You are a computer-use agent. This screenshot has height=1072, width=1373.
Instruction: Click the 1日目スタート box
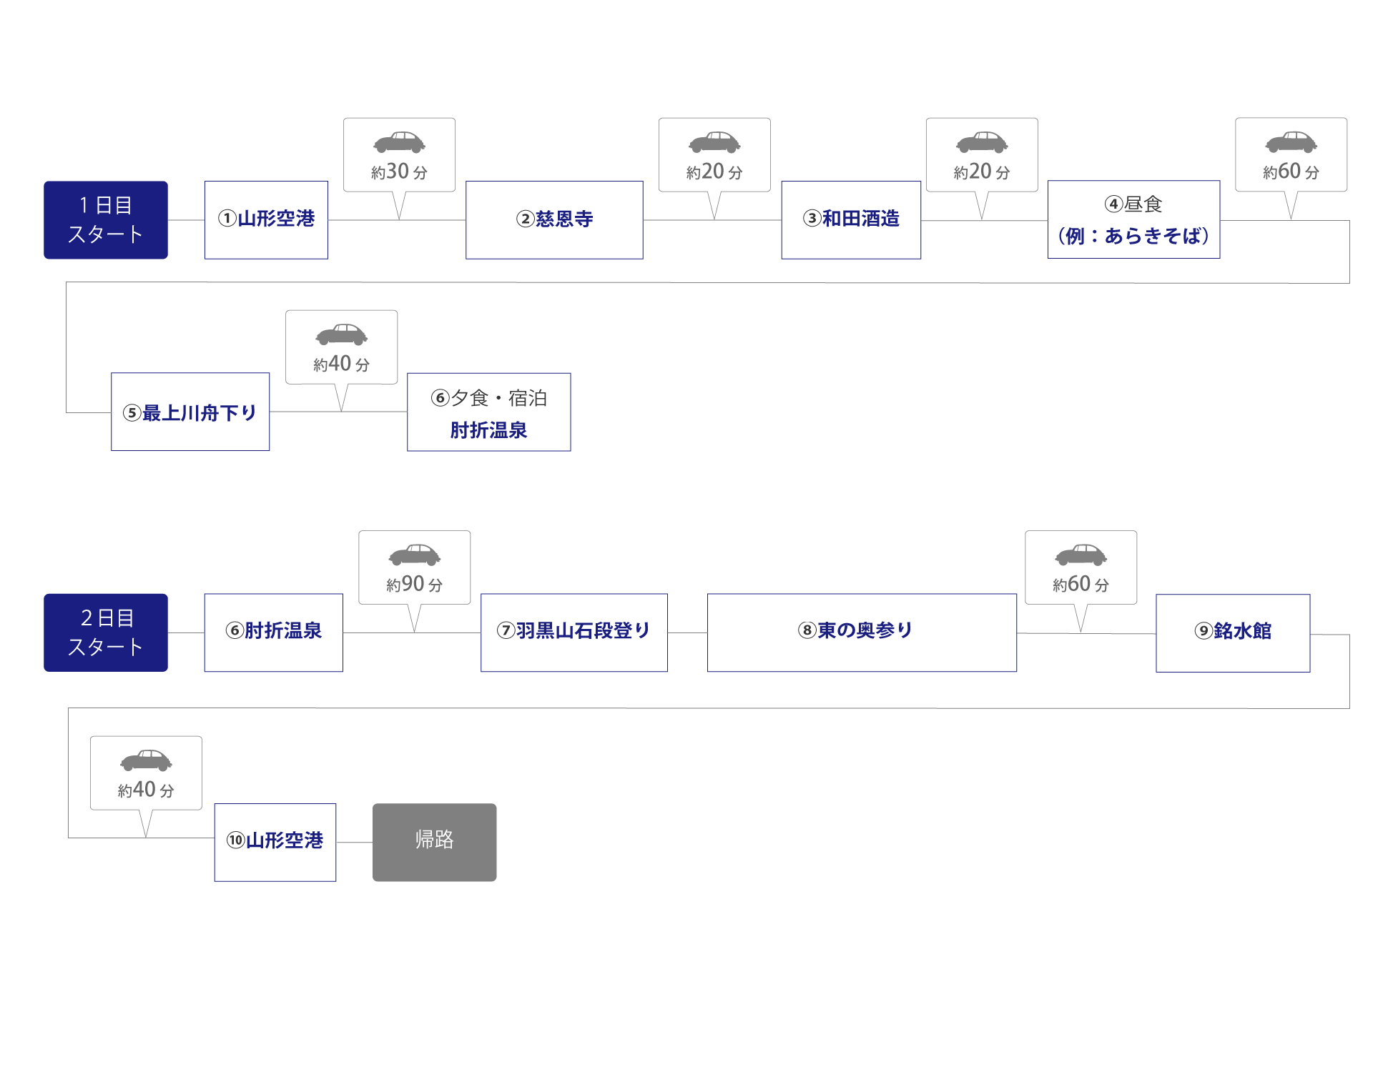106,219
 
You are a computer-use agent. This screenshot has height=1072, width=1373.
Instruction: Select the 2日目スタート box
106,632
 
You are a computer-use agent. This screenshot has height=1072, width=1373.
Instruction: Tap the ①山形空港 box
266,219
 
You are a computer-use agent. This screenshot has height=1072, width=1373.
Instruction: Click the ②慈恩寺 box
554,219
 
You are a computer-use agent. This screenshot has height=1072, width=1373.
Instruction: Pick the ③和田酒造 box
851,219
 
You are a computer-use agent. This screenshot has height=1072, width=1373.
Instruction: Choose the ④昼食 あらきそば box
1133,219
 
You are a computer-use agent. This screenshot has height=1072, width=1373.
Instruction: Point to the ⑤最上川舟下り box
190,412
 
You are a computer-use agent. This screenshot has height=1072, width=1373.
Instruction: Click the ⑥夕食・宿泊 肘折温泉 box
489,412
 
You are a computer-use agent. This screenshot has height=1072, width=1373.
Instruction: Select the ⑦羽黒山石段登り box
574,632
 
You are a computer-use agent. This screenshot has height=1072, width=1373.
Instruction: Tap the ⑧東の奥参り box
862,632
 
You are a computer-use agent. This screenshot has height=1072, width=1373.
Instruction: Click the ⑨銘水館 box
1233,632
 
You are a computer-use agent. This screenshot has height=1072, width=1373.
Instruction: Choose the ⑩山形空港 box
275,842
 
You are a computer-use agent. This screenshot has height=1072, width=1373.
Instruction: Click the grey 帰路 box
434,842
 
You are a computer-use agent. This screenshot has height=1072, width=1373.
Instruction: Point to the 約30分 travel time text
399,172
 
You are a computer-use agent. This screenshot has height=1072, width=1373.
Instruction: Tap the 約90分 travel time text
414,585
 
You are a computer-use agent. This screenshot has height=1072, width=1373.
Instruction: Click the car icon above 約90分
414,555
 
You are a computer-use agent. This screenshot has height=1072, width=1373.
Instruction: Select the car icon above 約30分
399,142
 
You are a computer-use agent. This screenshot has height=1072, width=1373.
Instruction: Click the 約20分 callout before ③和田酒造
714,155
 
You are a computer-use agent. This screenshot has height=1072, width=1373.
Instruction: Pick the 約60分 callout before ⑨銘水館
1081,568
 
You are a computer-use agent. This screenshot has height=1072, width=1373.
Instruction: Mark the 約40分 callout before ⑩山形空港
146,773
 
